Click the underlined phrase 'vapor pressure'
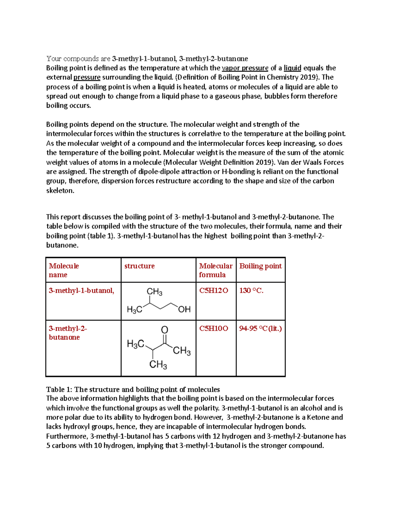245,68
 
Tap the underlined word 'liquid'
292,68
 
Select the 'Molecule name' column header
64,270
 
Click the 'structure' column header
139,266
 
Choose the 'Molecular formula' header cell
215,270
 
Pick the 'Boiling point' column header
260,266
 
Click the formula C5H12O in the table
214,290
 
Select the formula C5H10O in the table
214,328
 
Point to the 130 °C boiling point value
251,290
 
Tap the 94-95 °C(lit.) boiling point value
260,328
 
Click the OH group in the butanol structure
184,309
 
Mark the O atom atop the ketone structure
164,330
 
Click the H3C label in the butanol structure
134,309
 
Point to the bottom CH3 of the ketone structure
158,364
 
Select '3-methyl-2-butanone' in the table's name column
67,333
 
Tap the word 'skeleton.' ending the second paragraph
60,190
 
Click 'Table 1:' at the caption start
59,389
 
